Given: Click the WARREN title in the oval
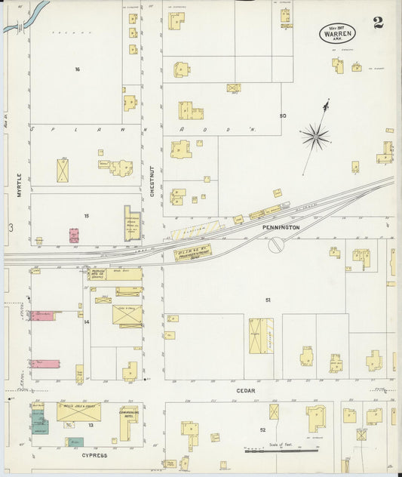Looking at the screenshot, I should pyautogui.click(x=337, y=34).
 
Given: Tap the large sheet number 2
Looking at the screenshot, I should pyautogui.click(x=377, y=21).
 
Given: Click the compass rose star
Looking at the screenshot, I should pyautogui.click(x=315, y=137).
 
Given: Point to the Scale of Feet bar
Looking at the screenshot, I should pyautogui.click(x=281, y=451).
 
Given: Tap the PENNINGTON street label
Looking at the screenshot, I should pyautogui.click(x=281, y=226).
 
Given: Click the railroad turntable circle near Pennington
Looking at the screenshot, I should pyautogui.click(x=276, y=245).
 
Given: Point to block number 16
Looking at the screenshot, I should pyautogui.click(x=77, y=69).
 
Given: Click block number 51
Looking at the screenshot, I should pyautogui.click(x=267, y=300).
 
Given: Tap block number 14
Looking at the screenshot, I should pyautogui.click(x=87, y=322).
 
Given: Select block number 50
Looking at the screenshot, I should pyautogui.click(x=283, y=115).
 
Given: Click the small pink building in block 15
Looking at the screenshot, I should pyautogui.click(x=74, y=235).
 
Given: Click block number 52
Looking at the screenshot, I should pyautogui.click(x=262, y=429).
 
